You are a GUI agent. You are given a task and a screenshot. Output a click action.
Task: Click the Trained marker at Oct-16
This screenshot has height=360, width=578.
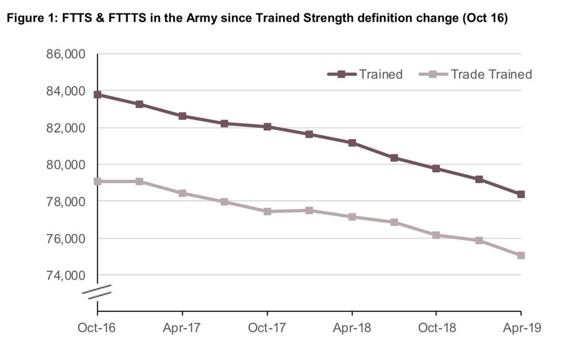(98, 94)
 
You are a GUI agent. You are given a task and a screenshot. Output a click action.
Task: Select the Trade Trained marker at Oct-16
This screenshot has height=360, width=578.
(98, 181)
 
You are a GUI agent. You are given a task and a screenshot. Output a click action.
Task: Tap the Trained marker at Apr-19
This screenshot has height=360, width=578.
(521, 194)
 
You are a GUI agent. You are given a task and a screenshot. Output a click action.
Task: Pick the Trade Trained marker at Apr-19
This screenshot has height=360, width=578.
(521, 256)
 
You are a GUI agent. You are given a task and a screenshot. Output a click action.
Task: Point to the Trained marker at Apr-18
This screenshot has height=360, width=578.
(352, 143)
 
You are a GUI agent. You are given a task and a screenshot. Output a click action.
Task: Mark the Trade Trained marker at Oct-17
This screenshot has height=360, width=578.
(267, 211)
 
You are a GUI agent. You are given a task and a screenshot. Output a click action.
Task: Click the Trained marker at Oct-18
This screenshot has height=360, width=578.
(436, 168)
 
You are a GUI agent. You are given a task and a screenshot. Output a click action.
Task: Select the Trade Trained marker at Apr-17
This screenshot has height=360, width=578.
(183, 193)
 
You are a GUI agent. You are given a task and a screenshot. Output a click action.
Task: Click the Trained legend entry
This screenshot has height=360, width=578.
(365, 75)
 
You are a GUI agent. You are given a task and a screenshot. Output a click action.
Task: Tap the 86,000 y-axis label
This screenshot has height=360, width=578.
(66, 54)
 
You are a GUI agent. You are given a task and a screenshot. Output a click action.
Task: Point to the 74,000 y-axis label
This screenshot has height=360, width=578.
(66, 275)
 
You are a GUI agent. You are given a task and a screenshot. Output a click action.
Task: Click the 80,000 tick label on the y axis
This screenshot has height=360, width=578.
(66, 165)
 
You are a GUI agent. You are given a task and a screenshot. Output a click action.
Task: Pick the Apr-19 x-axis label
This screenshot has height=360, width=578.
(521, 328)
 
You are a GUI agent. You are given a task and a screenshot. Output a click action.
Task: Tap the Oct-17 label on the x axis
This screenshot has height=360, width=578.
(267, 328)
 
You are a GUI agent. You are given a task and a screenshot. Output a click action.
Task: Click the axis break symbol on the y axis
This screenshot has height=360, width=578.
(100, 292)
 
